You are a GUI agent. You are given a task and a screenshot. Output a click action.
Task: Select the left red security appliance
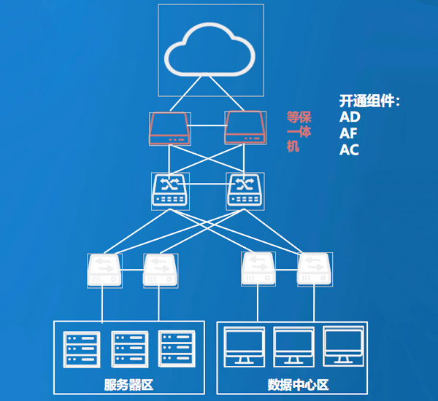(x=169, y=128)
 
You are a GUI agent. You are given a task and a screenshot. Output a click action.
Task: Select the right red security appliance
(x=243, y=128)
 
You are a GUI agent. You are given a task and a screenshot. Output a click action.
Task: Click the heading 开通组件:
(x=369, y=101)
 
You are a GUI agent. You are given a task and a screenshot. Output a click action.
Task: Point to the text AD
(x=350, y=117)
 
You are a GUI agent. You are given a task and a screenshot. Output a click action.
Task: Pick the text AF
(x=350, y=133)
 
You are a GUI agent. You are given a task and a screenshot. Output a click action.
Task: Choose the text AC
(x=350, y=150)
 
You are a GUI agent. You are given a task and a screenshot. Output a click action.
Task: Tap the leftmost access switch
(x=104, y=269)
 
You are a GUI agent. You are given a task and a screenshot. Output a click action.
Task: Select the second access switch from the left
(x=161, y=269)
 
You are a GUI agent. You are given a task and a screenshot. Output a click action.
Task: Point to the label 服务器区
(x=128, y=384)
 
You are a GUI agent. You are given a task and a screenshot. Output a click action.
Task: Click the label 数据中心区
(x=292, y=384)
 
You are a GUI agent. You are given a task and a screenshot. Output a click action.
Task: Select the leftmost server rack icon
(x=81, y=349)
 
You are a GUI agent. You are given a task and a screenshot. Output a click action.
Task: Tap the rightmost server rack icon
(x=177, y=349)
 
